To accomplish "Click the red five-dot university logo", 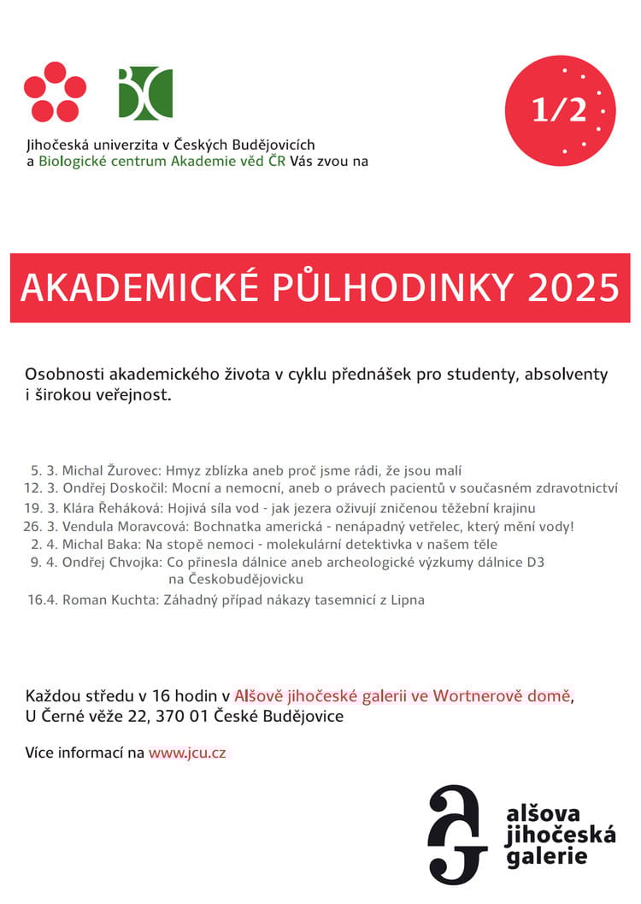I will click(x=55, y=92).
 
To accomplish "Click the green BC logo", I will click(x=145, y=92).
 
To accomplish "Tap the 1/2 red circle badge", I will click(x=560, y=110).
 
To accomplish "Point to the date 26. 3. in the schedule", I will click(x=41, y=526).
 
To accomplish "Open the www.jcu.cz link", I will click(x=187, y=753).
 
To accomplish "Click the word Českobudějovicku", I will click(x=236, y=579).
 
